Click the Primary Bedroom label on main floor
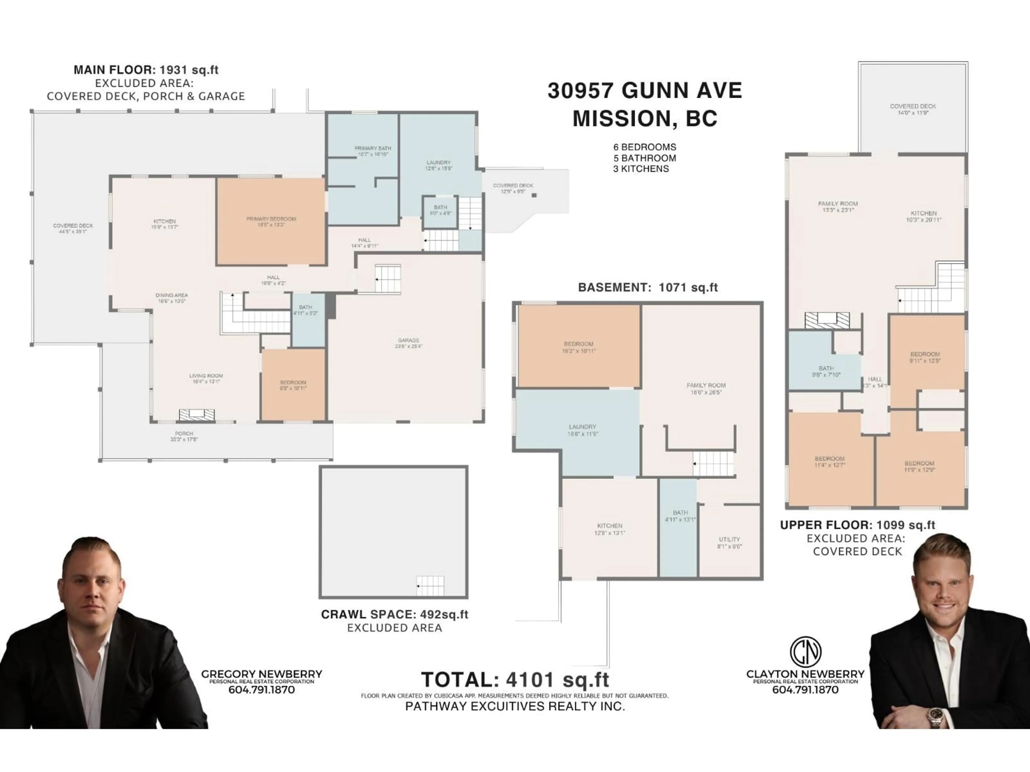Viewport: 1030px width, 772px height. click(271, 221)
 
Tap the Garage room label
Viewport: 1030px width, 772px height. click(408, 343)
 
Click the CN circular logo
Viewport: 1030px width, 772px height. click(805, 651)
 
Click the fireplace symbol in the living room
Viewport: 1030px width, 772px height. click(197, 414)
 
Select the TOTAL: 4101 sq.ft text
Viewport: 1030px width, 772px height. click(514, 680)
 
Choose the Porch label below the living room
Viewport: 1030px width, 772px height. click(184, 436)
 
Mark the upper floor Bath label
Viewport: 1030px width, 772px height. click(826, 371)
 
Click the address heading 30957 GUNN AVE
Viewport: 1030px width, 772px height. click(645, 90)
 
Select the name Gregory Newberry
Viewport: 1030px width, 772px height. click(261, 674)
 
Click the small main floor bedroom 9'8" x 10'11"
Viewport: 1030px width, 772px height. click(293, 385)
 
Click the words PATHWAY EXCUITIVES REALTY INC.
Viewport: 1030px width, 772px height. click(514, 706)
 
